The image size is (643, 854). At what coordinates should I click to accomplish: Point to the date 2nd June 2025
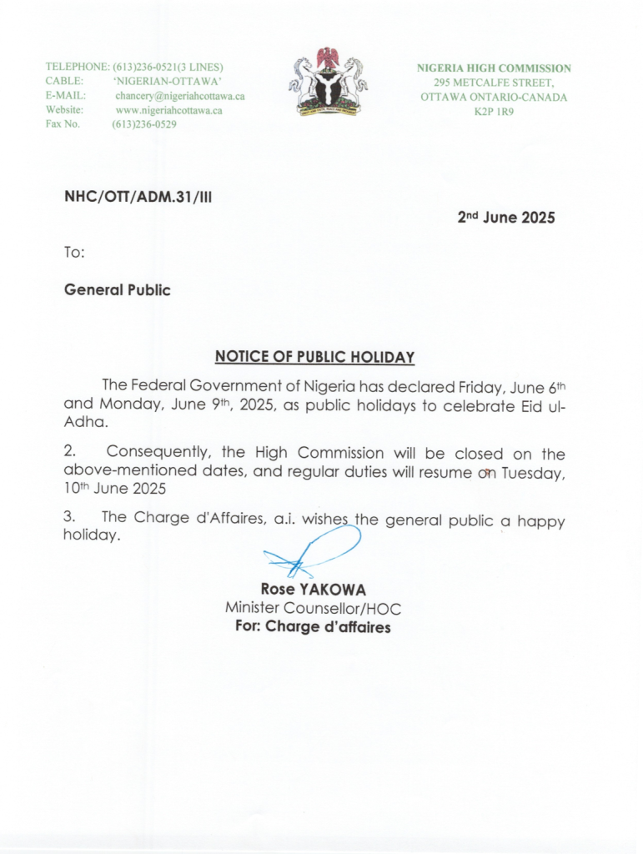coord(506,218)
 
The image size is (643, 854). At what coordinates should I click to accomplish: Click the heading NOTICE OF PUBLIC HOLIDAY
coord(314,357)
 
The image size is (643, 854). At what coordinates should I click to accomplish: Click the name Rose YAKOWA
coord(313,590)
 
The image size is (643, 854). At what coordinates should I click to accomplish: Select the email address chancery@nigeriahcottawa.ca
coord(179,96)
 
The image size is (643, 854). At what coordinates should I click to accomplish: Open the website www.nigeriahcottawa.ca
coord(168,110)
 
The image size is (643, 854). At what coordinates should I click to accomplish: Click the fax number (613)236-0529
coord(144,124)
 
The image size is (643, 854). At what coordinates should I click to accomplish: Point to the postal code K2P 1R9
coord(494,111)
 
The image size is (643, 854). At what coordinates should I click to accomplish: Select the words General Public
coord(118,290)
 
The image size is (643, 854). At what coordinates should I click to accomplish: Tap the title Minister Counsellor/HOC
coord(313,609)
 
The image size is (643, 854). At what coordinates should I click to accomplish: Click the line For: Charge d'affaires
coord(313,627)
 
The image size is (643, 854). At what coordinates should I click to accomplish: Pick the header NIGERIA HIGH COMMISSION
coord(494,68)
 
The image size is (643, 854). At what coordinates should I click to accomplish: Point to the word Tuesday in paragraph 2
coord(530,473)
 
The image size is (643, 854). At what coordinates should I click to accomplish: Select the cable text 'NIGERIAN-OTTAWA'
coord(167,82)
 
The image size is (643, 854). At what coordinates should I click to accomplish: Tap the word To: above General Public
coord(74,252)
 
